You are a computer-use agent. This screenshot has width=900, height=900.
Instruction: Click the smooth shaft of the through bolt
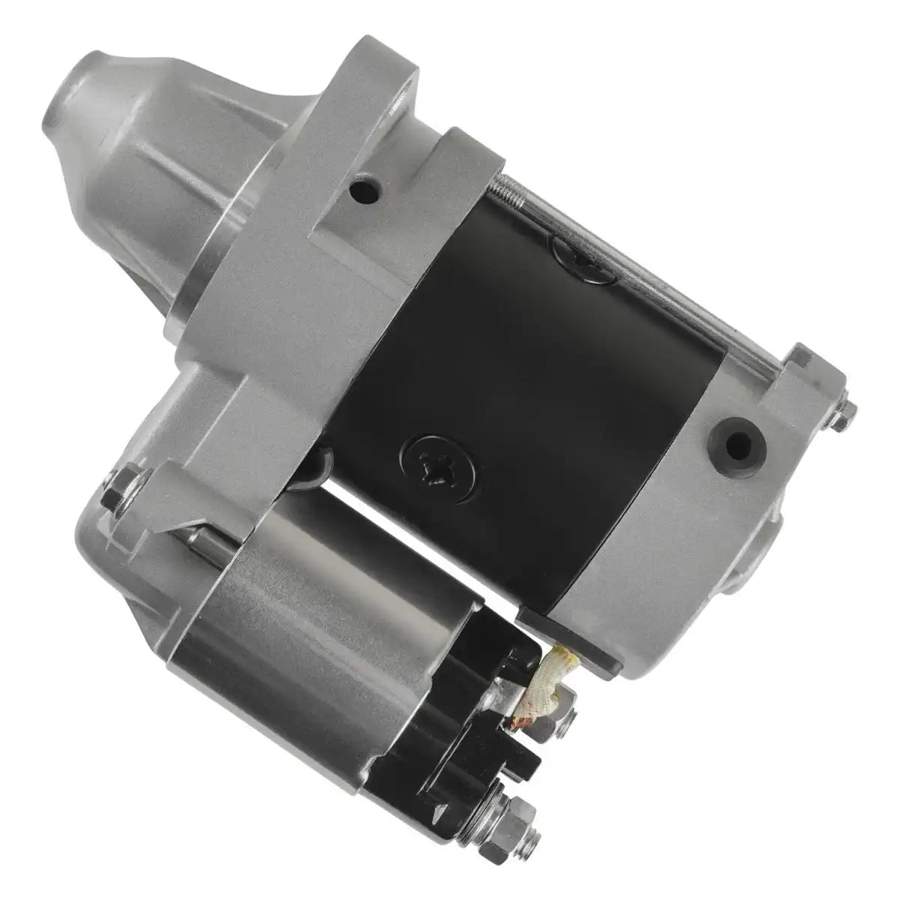coord(675,300)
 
